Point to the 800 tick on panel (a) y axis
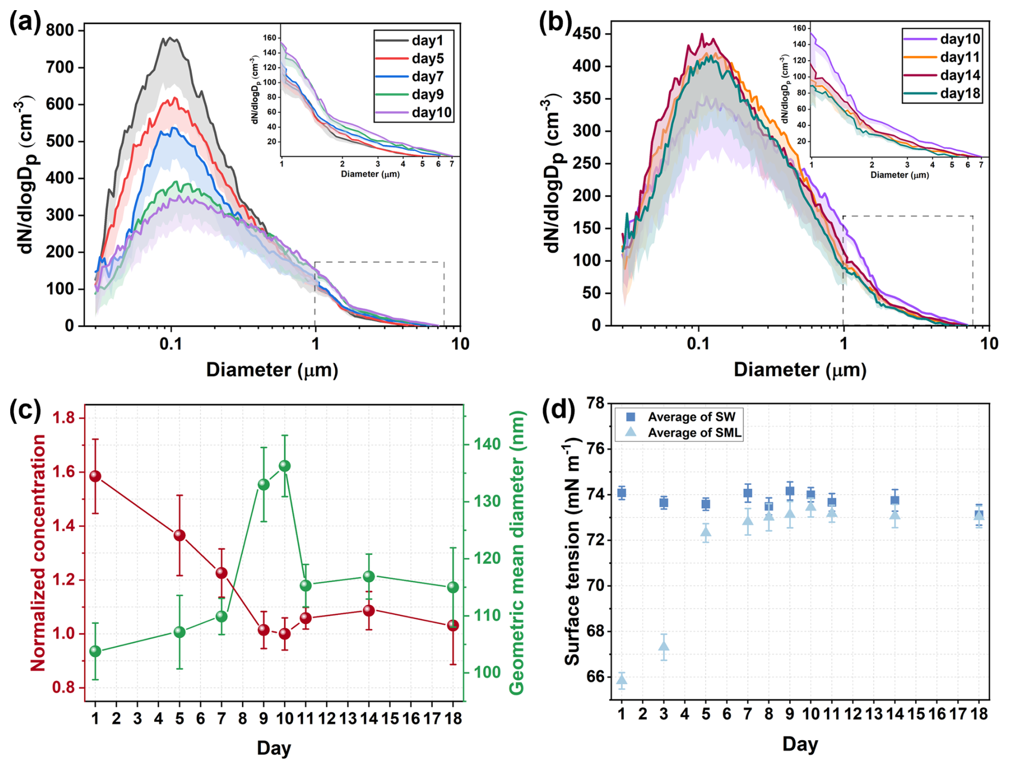60,30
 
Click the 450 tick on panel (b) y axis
587,34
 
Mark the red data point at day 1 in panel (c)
95,476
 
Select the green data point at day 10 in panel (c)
285,466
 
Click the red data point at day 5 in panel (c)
180,535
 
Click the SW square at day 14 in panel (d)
895,500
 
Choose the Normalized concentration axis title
38,552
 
